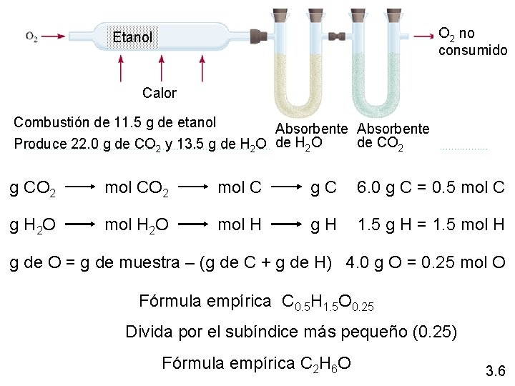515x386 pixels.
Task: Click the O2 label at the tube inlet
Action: coord(32,36)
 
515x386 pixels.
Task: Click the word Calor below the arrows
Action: coord(159,92)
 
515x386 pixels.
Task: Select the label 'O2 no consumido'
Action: coord(472,41)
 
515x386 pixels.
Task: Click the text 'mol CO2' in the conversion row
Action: coord(137,190)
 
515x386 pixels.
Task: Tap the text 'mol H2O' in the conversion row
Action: coord(137,226)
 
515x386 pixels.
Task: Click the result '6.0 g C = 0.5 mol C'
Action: coord(431,189)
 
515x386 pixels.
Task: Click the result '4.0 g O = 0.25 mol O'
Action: coord(427,262)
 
